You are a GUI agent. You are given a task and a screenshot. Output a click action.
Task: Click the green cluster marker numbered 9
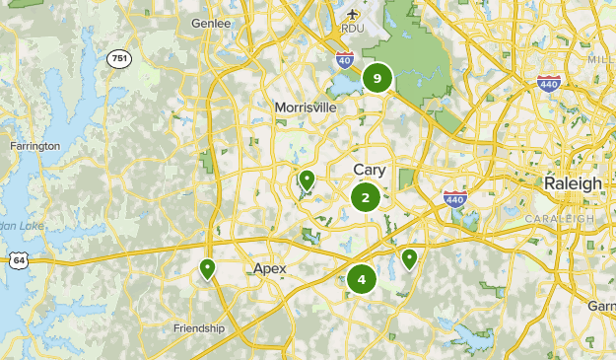[x=376, y=78]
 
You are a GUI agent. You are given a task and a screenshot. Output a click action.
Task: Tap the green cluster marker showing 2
[x=366, y=197]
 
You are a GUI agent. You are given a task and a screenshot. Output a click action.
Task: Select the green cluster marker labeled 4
[x=362, y=279]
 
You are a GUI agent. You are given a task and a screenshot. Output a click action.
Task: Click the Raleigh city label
[x=573, y=183]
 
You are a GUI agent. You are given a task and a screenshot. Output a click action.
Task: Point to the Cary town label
[x=370, y=170]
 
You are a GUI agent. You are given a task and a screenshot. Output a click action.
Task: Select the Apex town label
[x=269, y=268]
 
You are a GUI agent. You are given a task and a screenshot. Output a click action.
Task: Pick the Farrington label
[x=34, y=146]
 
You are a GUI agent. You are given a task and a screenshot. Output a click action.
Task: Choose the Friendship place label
[x=199, y=328]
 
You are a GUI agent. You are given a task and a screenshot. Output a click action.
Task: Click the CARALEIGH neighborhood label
[x=559, y=218]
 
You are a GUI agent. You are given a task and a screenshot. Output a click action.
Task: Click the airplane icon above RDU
[x=354, y=14]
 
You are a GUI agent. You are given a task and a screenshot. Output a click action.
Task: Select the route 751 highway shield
[x=119, y=58]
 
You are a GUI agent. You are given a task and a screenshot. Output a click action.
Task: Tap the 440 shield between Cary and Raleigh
[x=454, y=198]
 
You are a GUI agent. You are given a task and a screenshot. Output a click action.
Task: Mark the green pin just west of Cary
[x=307, y=180]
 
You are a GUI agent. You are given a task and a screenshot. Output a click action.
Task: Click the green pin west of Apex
[x=207, y=267]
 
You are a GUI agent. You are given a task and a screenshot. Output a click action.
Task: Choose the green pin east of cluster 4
[x=409, y=258]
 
